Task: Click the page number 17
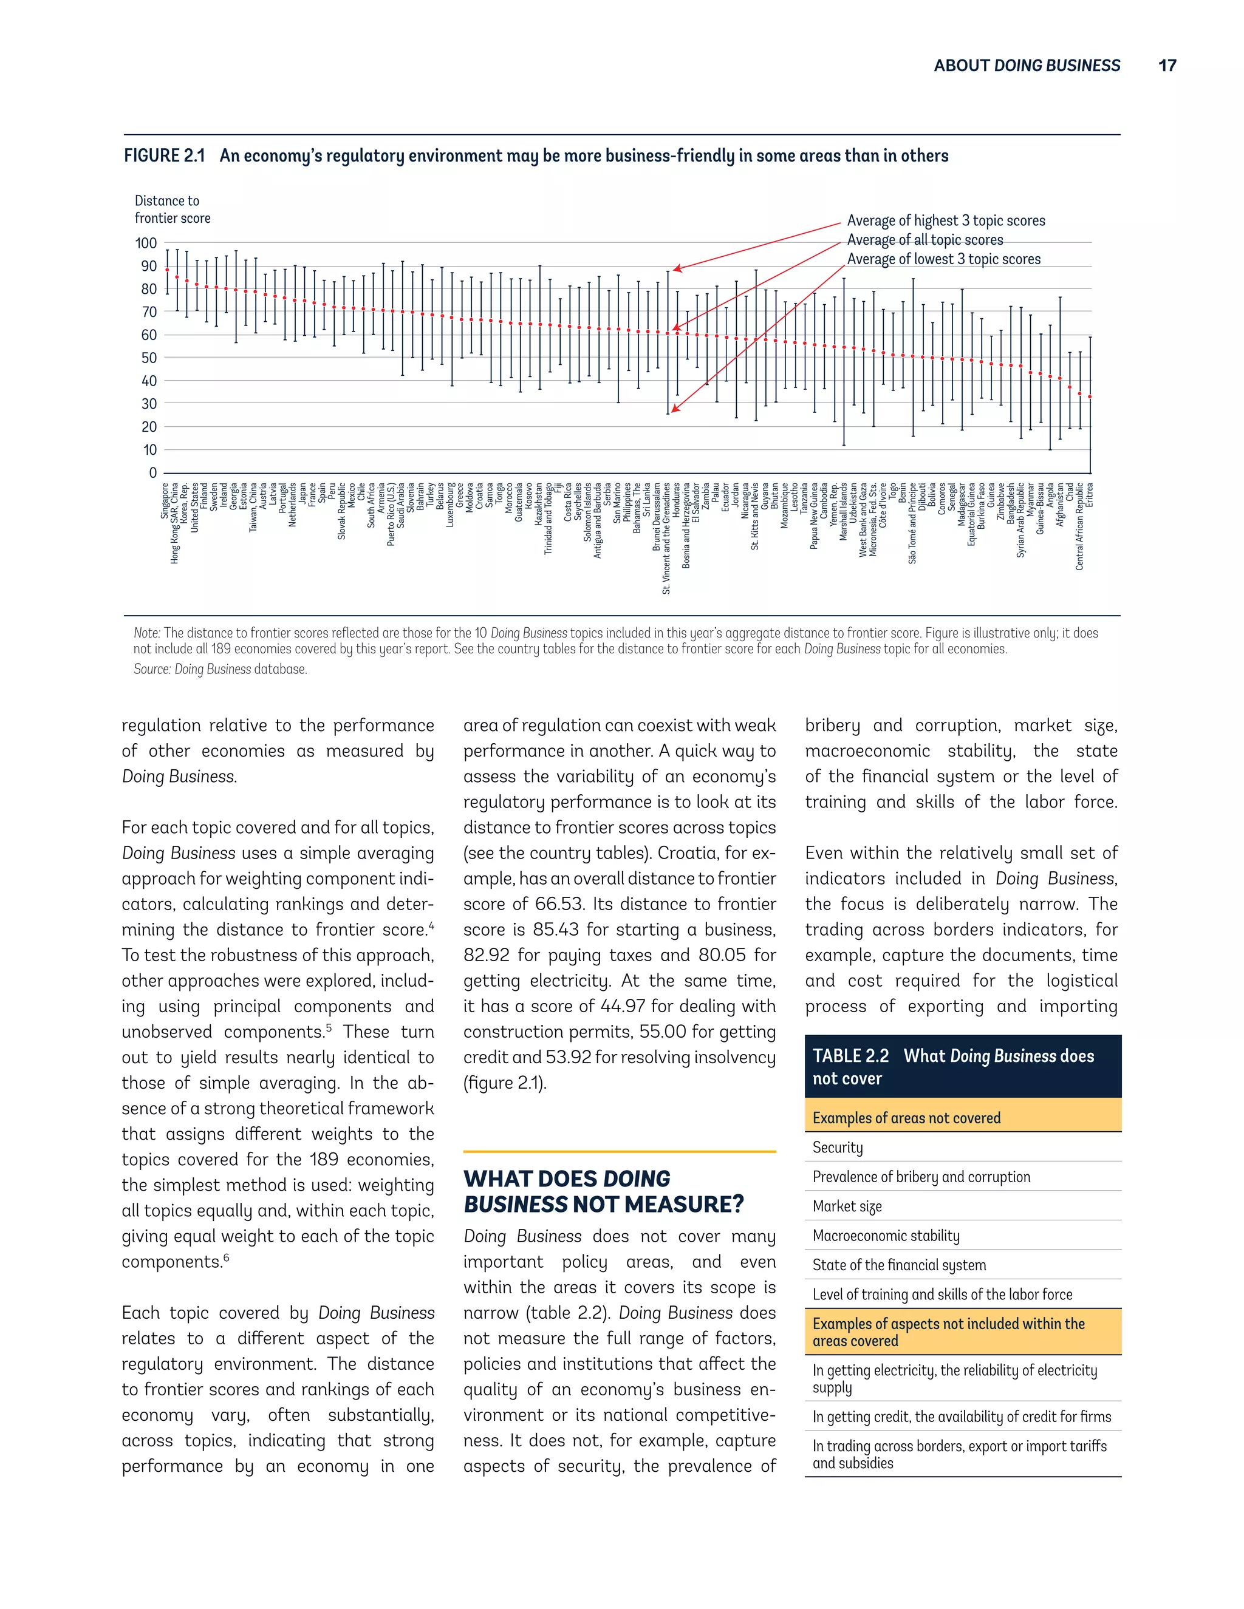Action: [x=1167, y=66]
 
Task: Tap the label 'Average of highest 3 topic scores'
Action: [x=946, y=220]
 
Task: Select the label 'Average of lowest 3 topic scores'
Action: [x=943, y=259]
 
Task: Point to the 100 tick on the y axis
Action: [x=146, y=243]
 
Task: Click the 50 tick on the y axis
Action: [x=149, y=358]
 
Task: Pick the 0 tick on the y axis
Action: [x=152, y=473]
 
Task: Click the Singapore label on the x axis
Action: [x=165, y=501]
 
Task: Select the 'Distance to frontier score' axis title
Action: [x=172, y=209]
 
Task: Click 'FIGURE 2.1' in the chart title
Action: [x=163, y=156]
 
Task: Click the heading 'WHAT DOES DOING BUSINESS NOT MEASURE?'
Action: [x=603, y=1191]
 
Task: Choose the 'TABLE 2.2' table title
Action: [x=850, y=1056]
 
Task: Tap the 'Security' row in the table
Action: [x=837, y=1147]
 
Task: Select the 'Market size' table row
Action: [x=847, y=1206]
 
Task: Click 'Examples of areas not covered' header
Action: [x=906, y=1118]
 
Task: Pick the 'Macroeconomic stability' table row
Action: [x=886, y=1236]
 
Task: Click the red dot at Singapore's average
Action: [x=167, y=270]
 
